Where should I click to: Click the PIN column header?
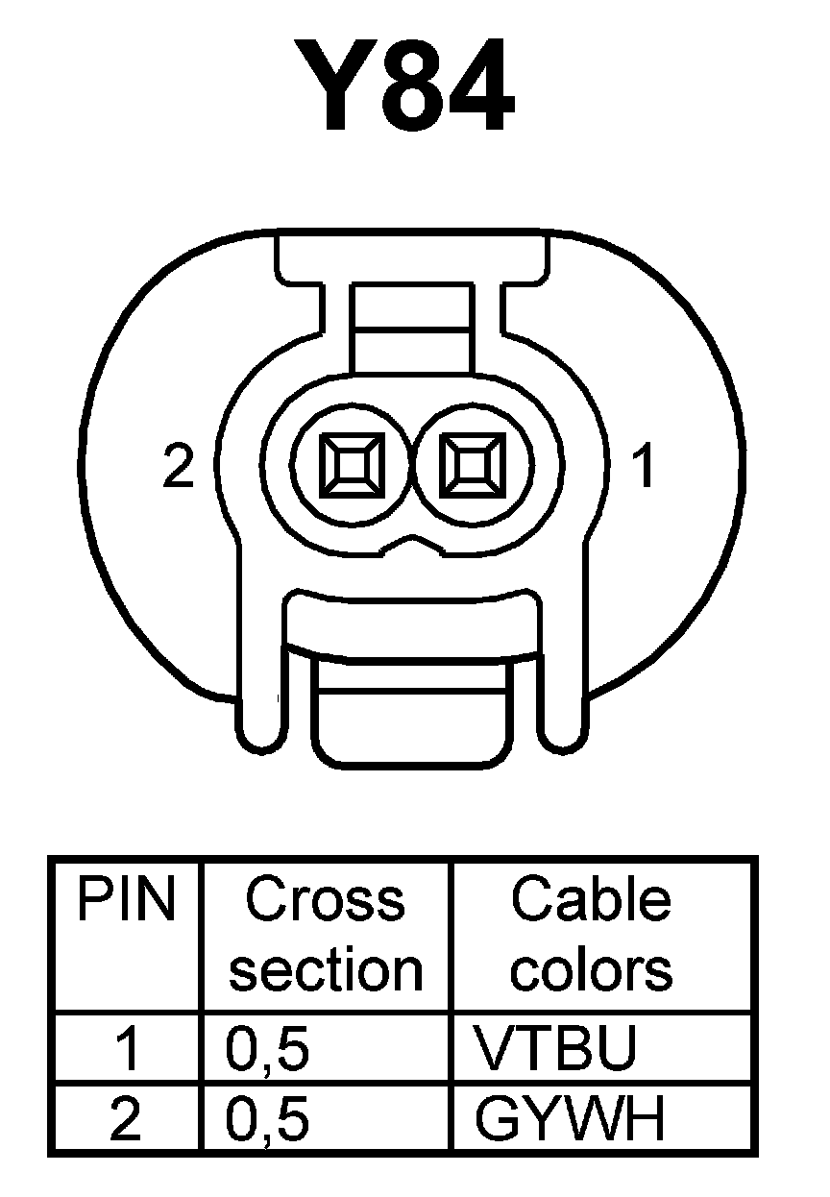[x=126, y=900]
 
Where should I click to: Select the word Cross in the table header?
[x=325, y=900]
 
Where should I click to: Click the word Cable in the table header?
[x=590, y=900]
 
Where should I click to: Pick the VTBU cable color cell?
[x=555, y=1049]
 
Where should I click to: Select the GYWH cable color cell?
[x=569, y=1120]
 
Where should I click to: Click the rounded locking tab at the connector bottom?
[x=411, y=716]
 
